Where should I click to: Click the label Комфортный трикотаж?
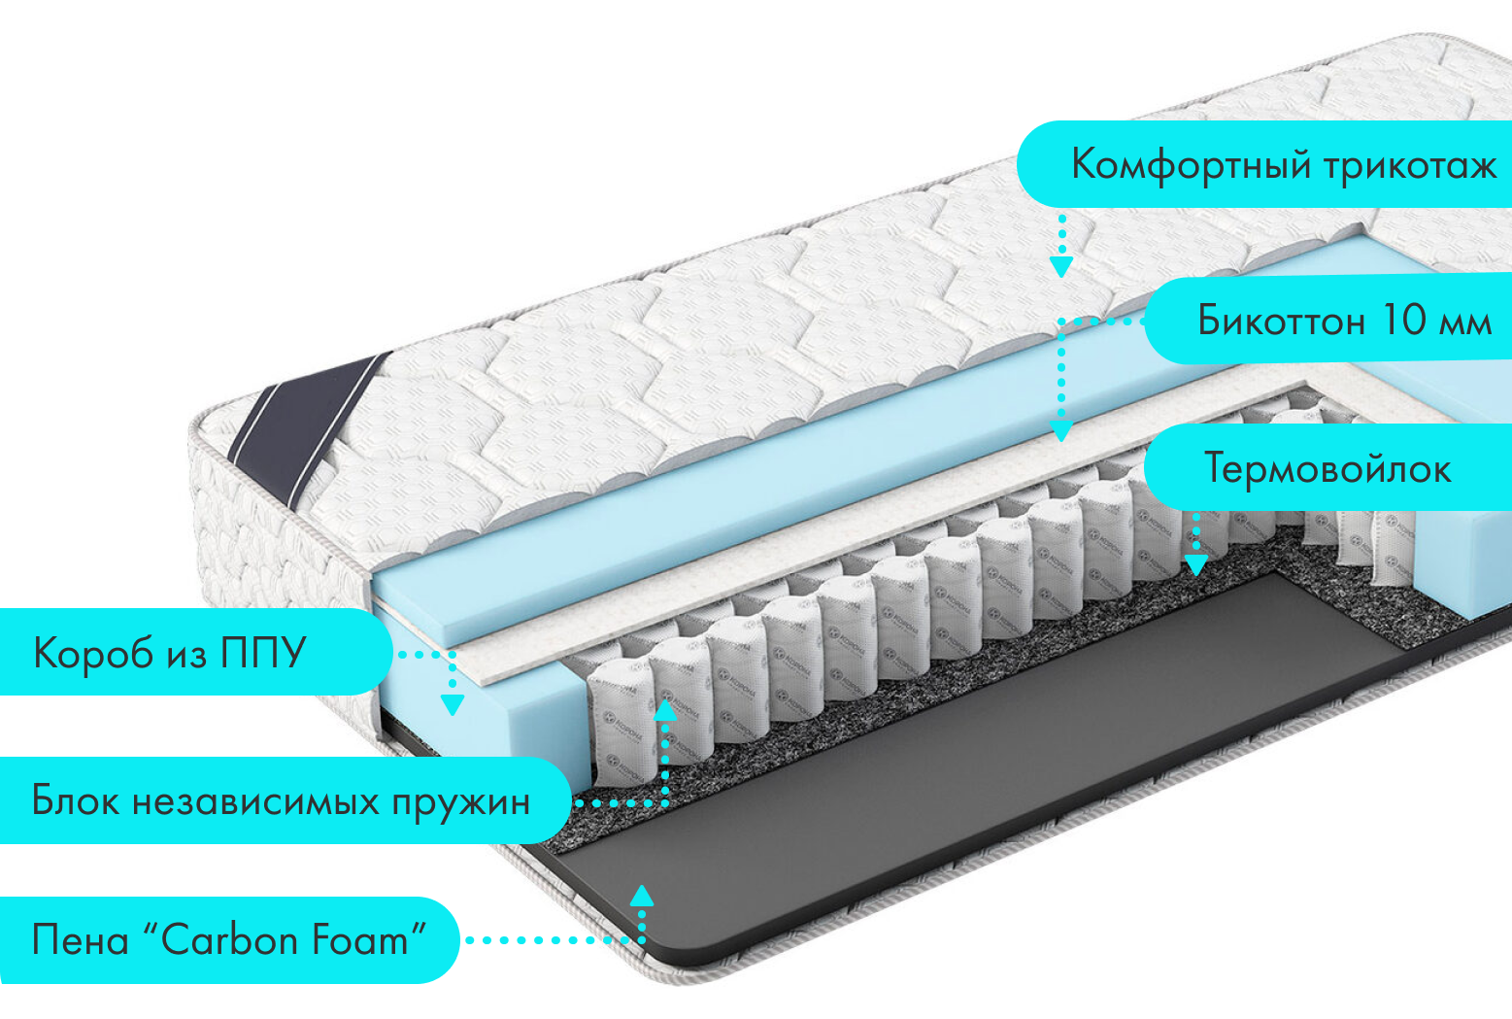(x=1282, y=164)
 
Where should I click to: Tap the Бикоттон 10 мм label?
(x=1344, y=320)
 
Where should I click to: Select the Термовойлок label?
(x=1327, y=468)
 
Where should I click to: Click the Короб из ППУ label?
(x=170, y=653)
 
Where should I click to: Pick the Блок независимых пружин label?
(x=281, y=800)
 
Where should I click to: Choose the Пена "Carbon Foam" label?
(x=229, y=940)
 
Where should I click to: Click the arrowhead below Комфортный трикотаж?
(x=1061, y=266)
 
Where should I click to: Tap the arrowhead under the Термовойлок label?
(x=1195, y=564)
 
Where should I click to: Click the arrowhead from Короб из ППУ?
(x=452, y=704)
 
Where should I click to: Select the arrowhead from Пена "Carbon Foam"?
(x=642, y=896)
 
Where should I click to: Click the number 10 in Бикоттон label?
(x=1403, y=320)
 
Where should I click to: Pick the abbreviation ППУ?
(x=263, y=653)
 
